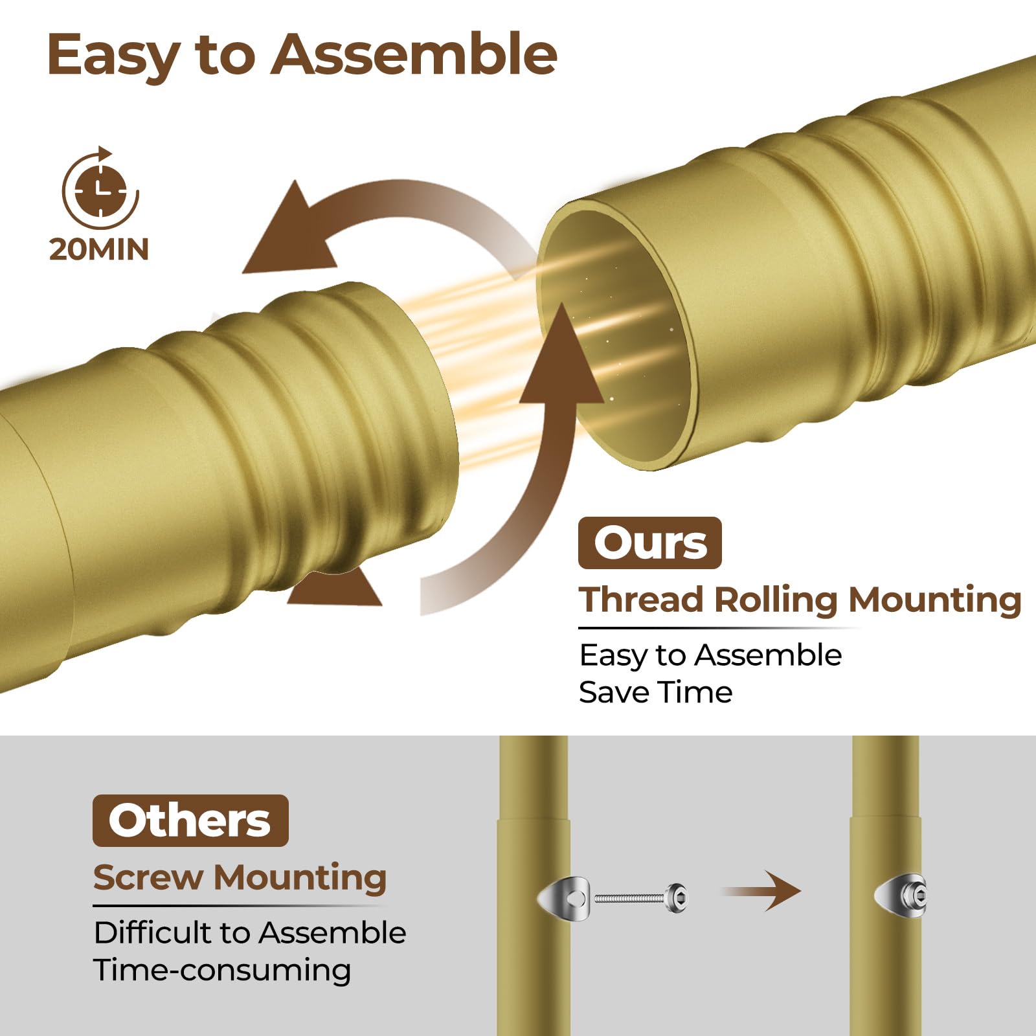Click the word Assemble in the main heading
[414, 54]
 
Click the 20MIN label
[99, 249]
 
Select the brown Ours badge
[649, 543]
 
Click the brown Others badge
[190, 820]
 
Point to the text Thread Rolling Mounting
[800, 600]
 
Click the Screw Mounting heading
[240, 877]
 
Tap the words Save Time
[655, 692]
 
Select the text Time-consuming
[222, 970]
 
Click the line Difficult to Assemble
[250, 932]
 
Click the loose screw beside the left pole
[641, 897]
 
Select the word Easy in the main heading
[114, 56]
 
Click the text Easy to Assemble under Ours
[710, 655]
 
